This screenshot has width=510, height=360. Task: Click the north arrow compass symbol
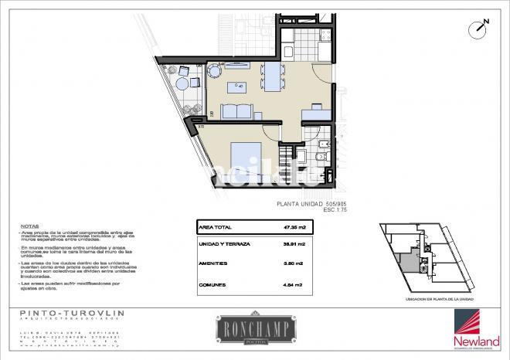click(481, 27)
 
